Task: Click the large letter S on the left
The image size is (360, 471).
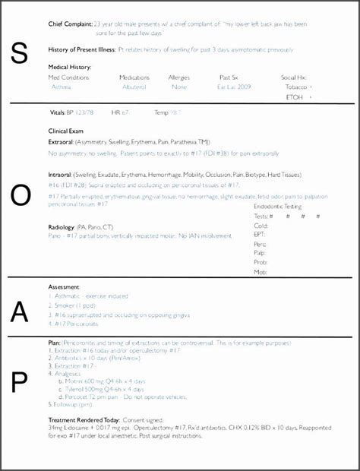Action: click(x=21, y=52)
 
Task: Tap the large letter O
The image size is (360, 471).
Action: click(x=21, y=196)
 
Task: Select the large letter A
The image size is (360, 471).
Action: click(x=21, y=311)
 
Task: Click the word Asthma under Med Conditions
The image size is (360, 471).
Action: click(x=60, y=87)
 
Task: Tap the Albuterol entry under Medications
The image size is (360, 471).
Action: click(x=134, y=87)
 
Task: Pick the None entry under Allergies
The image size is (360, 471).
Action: click(x=179, y=87)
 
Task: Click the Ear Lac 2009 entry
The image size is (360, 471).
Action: click(x=233, y=87)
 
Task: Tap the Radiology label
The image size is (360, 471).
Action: click(x=62, y=226)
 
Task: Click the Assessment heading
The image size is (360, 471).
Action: click(x=64, y=286)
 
